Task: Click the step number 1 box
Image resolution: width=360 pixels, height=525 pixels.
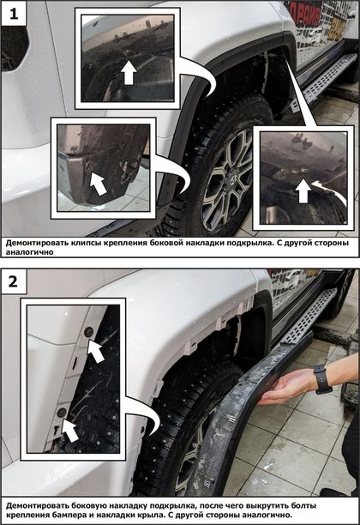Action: point(14,14)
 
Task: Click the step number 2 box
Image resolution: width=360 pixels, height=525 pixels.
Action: point(13,281)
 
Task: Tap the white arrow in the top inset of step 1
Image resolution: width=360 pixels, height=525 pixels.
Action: point(129,72)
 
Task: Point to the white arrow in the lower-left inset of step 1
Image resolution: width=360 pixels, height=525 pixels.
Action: point(98,183)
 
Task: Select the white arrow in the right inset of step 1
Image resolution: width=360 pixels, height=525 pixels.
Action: point(303,190)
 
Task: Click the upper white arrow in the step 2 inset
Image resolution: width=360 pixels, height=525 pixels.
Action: point(96,351)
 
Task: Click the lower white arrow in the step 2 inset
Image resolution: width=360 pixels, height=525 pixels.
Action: point(70,431)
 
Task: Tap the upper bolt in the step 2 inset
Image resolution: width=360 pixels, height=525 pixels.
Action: point(89,332)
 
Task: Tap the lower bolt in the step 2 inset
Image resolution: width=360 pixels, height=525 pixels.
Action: point(62,412)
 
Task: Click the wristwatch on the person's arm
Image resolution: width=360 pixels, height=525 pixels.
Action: point(322,380)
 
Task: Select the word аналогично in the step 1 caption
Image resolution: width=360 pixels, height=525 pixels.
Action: point(29,252)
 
